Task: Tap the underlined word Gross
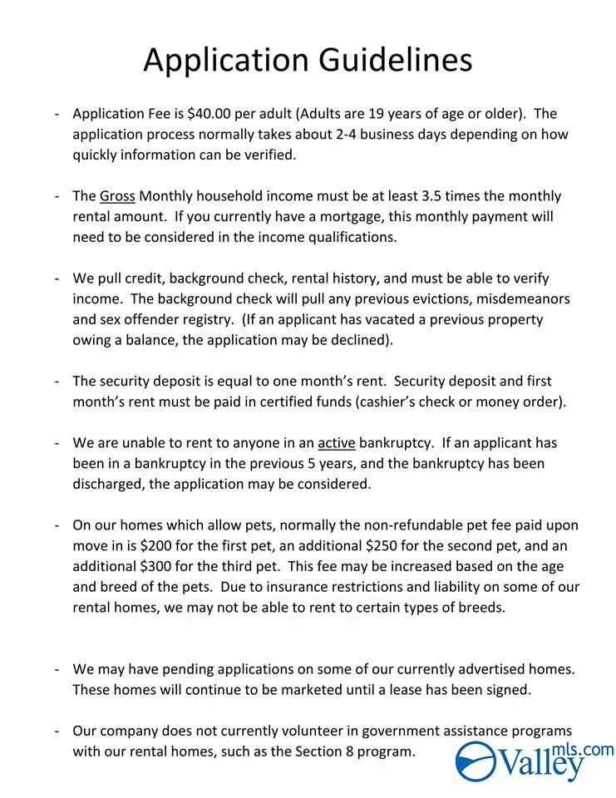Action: click(117, 196)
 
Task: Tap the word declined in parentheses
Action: click(362, 339)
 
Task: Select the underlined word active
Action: click(336, 442)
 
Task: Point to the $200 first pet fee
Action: click(156, 546)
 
